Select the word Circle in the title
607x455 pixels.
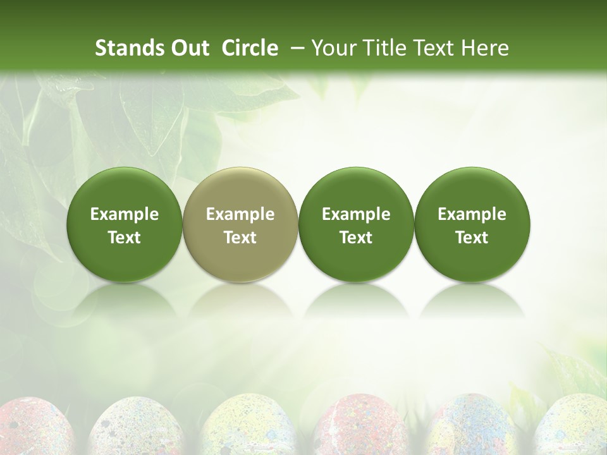(250, 48)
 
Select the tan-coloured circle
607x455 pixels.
(240, 224)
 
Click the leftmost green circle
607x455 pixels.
(125, 224)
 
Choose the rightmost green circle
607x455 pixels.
(472, 224)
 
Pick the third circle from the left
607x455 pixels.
(356, 224)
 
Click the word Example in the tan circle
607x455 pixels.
(240, 214)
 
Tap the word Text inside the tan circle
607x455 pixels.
(240, 238)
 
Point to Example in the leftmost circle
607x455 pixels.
(125, 214)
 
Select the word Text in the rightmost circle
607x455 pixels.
(472, 238)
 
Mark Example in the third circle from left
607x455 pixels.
(356, 214)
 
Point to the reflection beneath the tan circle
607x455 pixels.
(240, 300)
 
